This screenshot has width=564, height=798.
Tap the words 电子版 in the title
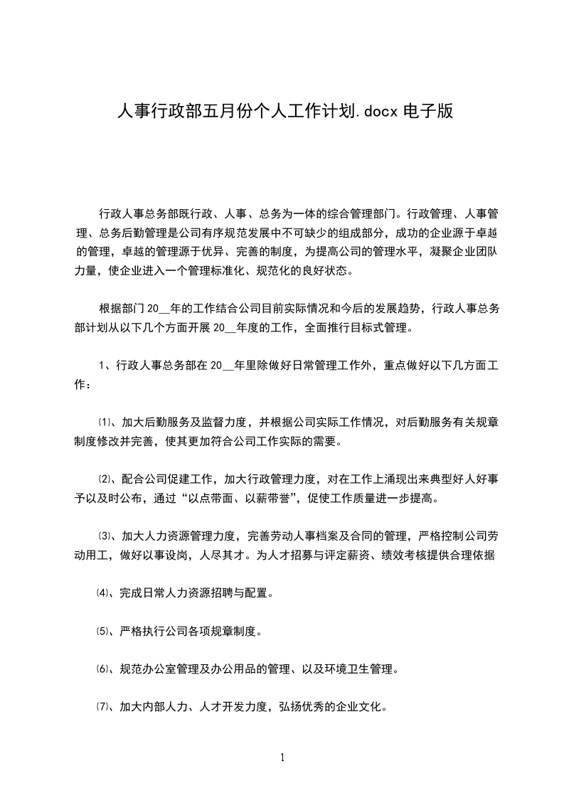pos(429,112)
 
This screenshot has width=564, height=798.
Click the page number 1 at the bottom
pos(282,757)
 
